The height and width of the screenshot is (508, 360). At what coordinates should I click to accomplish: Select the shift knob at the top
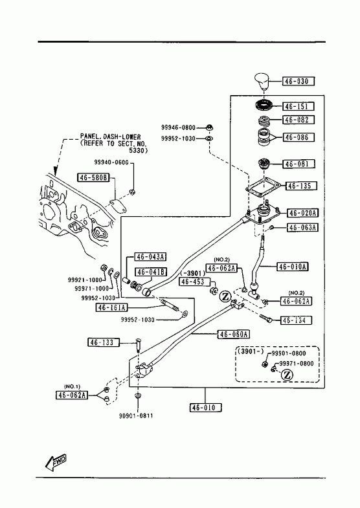pyautogui.click(x=262, y=82)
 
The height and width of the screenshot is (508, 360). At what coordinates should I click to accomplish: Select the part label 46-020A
pyautogui.click(x=302, y=213)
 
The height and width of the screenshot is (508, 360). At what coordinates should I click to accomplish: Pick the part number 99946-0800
pyautogui.click(x=179, y=127)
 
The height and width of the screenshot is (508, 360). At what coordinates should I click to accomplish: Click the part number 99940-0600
pyautogui.click(x=111, y=162)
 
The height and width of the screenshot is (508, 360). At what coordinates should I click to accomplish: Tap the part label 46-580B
pyautogui.click(x=94, y=177)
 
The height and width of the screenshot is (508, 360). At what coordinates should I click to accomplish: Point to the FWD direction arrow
pyautogui.click(x=56, y=461)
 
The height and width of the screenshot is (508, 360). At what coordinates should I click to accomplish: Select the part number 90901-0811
pyautogui.click(x=136, y=415)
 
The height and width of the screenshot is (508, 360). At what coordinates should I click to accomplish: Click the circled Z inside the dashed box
pyautogui.click(x=287, y=375)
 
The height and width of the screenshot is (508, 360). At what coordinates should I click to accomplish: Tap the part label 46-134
pyautogui.click(x=296, y=320)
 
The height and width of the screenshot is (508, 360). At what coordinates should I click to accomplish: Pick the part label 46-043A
pyautogui.click(x=150, y=257)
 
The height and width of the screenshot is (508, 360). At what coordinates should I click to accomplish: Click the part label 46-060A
pyautogui.click(x=233, y=334)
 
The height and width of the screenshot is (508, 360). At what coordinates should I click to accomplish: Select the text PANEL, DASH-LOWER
pyautogui.click(x=111, y=137)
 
